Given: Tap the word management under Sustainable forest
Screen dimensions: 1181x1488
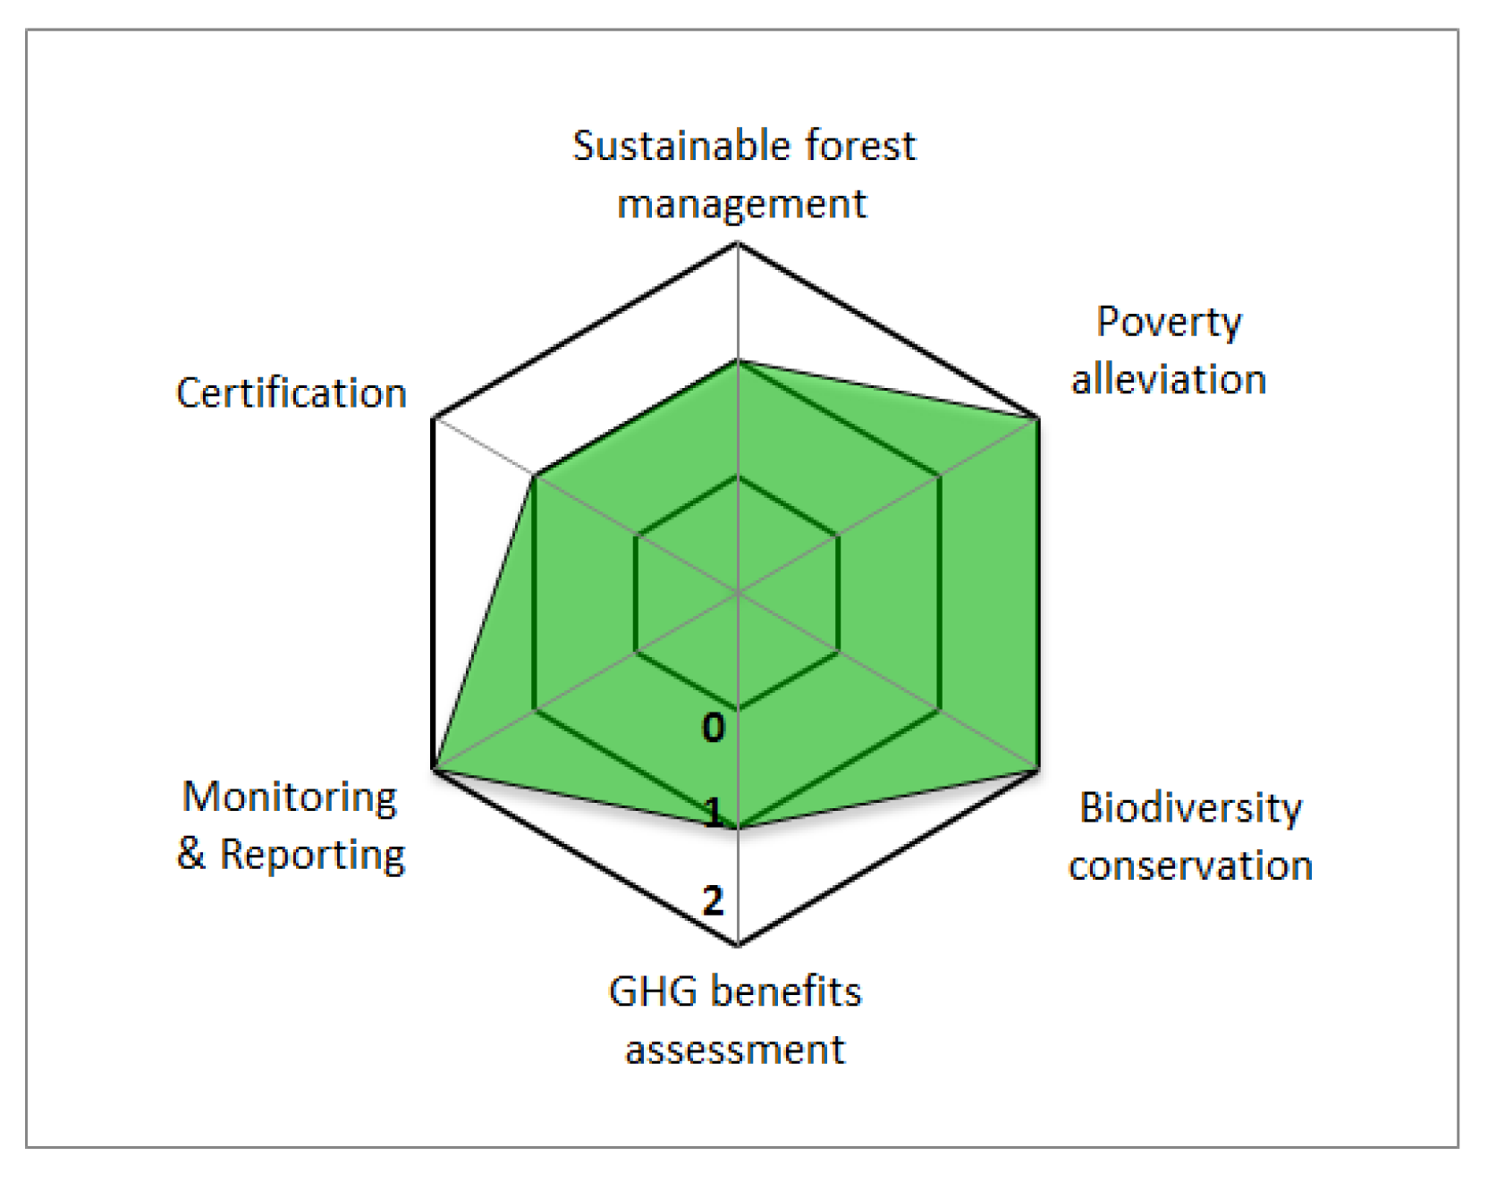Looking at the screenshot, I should pyautogui.click(x=741, y=204).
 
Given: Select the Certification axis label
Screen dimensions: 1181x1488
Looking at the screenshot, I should pyautogui.click(x=292, y=392).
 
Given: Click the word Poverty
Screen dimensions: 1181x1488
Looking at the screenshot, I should pyautogui.click(x=1169, y=322).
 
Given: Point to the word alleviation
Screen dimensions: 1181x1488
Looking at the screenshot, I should pyautogui.click(x=1169, y=379).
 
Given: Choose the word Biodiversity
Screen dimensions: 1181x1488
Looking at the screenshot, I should pyautogui.click(x=1190, y=808).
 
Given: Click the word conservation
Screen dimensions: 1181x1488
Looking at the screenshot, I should pyautogui.click(x=1190, y=865).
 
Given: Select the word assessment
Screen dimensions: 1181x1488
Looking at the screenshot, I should pyautogui.click(x=734, y=1050).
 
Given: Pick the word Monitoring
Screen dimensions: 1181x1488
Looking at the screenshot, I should pyautogui.click(x=290, y=797).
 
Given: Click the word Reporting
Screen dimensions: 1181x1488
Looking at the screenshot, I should pyautogui.click(x=312, y=855).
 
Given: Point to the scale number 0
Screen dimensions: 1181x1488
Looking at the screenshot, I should pyautogui.click(x=713, y=728).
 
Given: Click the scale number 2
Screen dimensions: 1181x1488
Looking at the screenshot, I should pyautogui.click(x=713, y=899).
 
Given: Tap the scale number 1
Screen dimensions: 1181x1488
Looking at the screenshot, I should pyautogui.click(x=713, y=814).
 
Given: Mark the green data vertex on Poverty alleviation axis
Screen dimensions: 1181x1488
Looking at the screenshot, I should pyautogui.click(x=1038, y=418).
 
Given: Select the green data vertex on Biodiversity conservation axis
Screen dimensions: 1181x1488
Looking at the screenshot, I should pyautogui.click(x=1038, y=769).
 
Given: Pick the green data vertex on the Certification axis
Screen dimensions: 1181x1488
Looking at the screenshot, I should pyautogui.click(x=534, y=476).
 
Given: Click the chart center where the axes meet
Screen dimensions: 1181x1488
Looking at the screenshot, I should pyautogui.click(x=738, y=594).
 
